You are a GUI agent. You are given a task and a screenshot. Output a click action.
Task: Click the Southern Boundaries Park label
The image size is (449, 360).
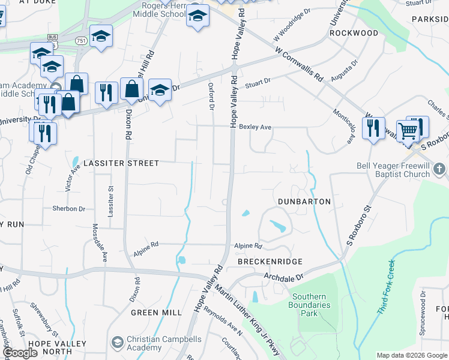[310, 305]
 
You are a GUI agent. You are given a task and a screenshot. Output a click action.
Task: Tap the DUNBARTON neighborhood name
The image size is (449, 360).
[304, 202]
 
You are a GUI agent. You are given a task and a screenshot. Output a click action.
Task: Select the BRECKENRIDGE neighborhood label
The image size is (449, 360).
[270, 262]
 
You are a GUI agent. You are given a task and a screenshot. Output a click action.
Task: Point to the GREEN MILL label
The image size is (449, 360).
[157, 313]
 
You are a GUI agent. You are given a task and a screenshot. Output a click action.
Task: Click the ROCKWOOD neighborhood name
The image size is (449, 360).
[354, 33]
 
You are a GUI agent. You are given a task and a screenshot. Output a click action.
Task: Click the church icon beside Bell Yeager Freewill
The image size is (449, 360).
[439, 169]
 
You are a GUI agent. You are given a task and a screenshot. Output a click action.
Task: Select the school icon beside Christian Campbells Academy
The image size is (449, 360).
[118, 343]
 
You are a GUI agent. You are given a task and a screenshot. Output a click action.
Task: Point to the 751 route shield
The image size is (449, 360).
[80, 40]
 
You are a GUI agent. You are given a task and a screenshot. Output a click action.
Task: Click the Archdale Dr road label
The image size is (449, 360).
[285, 277]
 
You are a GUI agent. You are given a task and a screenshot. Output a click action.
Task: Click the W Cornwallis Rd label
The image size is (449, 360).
[300, 65]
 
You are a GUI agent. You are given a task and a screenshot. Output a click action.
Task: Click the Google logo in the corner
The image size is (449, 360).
[20, 353]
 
